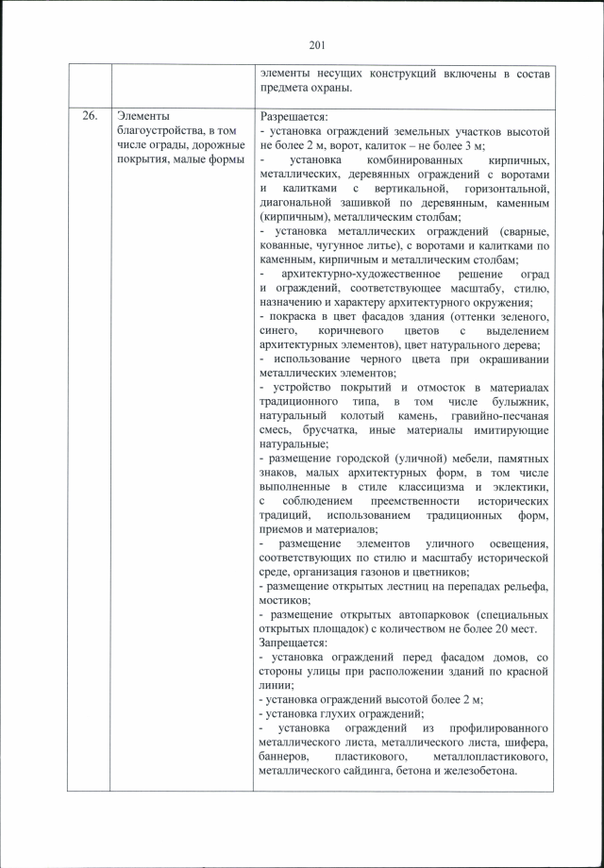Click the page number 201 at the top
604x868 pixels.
click(x=316, y=42)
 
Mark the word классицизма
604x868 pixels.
click(x=418, y=486)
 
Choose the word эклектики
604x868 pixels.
click(x=519, y=486)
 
